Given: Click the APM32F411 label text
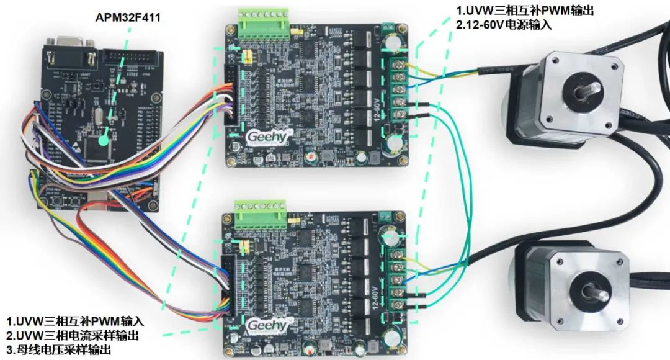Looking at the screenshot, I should (128, 17).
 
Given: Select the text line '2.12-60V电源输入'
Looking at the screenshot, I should (504, 25).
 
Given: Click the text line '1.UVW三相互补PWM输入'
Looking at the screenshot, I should (75, 322).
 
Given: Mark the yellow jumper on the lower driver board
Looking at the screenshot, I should (244, 246).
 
